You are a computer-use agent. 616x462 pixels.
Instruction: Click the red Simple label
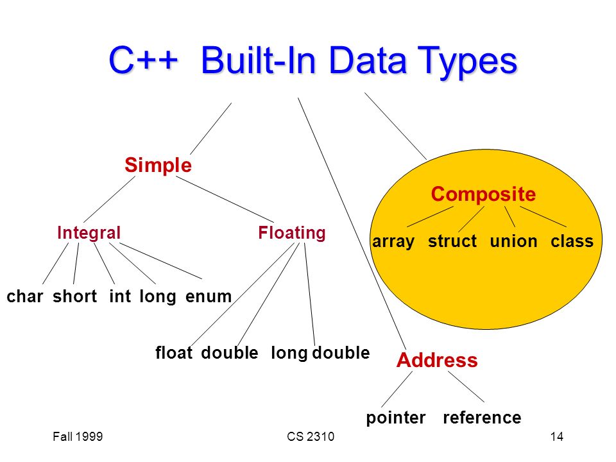[158, 166]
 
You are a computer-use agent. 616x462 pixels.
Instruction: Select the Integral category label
[89, 233]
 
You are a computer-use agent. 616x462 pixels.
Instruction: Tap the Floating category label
[292, 233]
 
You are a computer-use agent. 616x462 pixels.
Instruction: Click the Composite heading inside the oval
[483, 194]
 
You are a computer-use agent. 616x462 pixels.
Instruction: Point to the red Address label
[437, 360]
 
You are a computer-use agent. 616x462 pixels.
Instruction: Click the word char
[25, 296]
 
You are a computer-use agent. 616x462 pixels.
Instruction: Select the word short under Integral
[74, 296]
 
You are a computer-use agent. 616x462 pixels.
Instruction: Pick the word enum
[208, 296]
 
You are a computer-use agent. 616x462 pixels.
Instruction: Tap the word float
[174, 352]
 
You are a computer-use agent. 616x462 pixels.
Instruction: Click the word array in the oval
[393, 242]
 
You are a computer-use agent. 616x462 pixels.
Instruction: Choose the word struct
[452, 241]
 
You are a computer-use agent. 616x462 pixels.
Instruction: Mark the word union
[513, 241]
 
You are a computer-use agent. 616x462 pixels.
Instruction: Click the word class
[572, 241]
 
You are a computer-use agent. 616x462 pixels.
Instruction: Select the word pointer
[396, 418]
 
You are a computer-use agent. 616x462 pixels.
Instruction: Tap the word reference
[482, 417]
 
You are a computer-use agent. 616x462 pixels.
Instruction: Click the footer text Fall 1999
[78, 436]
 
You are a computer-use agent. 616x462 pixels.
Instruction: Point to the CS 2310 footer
[311, 436]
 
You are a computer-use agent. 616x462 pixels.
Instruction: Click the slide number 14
[557, 436]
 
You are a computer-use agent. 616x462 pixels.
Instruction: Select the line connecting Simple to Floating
[225, 200]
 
